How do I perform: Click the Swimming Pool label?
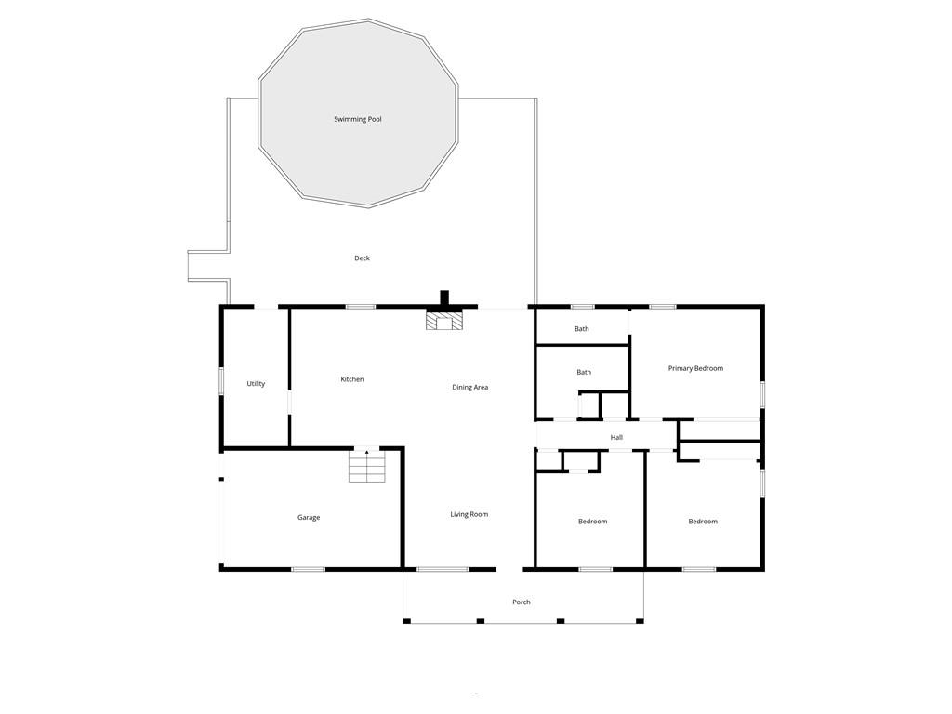click(358, 119)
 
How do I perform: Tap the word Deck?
click(362, 258)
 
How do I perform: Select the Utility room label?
click(256, 384)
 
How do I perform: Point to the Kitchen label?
click(352, 379)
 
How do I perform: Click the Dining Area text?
click(469, 388)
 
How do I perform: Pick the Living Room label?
click(469, 515)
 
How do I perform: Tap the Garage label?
click(309, 518)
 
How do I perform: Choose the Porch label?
click(522, 602)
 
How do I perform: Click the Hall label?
click(616, 438)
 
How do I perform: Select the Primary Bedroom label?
click(695, 369)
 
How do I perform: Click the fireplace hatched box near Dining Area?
click(443, 321)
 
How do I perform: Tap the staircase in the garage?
click(366, 467)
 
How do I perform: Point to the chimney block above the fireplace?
click(444, 298)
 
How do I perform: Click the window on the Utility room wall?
click(221, 381)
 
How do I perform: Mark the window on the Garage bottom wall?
click(308, 569)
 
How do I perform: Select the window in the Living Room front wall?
click(443, 569)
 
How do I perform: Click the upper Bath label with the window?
click(581, 329)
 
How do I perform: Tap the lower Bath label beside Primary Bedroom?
click(584, 373)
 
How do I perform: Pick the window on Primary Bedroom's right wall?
click(761, 393)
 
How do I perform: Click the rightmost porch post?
click(640, 620)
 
